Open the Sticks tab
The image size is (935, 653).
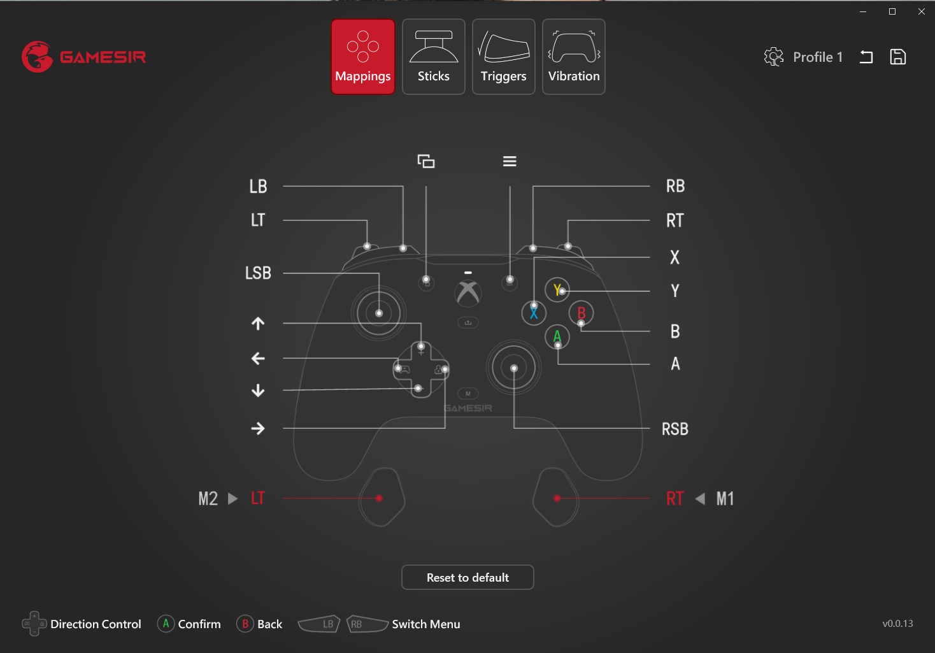(433, 57)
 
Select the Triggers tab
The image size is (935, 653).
(503, 57)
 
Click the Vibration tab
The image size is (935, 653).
(573, 57)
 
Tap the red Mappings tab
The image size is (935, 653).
(363, 57)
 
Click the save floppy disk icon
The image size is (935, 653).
(897, 57)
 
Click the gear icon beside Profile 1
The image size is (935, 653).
(773, 57)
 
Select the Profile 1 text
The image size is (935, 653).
(818, 57)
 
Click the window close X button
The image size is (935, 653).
(921, 11)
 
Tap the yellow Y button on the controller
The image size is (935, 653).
(557, 289)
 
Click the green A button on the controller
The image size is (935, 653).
(557, 336)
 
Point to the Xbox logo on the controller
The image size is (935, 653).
(468, 292)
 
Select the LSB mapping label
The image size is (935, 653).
(258, 273)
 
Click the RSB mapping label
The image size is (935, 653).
(675, 429)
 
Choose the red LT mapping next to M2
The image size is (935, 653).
(257, 498)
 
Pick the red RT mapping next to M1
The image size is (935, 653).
(674, 498)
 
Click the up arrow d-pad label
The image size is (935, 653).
(258, 323)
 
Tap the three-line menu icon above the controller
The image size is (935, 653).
(510, 161)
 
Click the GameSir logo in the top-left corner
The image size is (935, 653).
(84, 57)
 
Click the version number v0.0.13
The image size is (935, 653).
(897, 623)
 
